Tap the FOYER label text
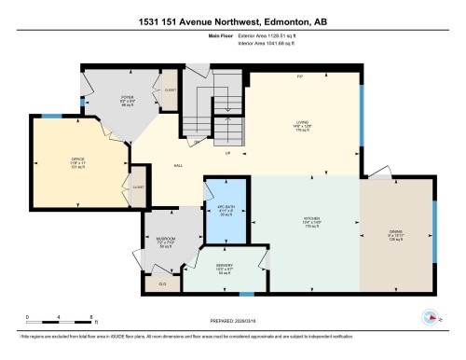point(126,97)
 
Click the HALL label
point(177,165)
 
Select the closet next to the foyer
point(170,90)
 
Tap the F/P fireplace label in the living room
point(300,76)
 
